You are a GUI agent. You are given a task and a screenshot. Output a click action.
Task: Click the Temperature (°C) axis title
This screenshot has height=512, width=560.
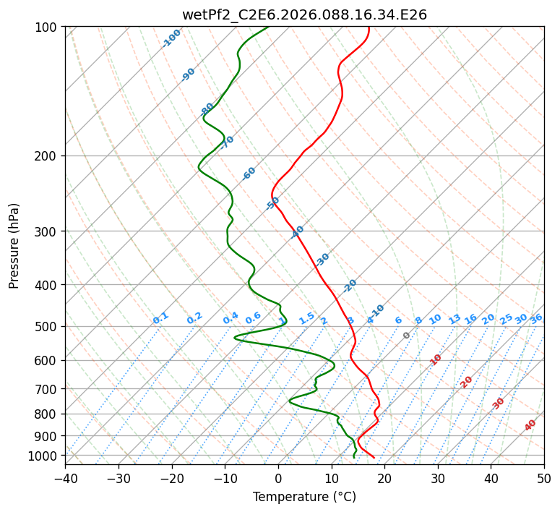point(304,497)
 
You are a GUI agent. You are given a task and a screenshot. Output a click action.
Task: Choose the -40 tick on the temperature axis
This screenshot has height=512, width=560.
point(65,478)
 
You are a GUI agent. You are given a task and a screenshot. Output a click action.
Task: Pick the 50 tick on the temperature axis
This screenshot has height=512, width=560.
point(544,478)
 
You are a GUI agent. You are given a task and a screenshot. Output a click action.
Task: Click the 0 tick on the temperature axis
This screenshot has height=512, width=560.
point(278,478)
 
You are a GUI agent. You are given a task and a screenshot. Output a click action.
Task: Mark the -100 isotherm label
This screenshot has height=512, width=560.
point(171,38)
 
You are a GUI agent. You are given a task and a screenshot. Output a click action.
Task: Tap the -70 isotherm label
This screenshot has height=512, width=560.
point(228,142)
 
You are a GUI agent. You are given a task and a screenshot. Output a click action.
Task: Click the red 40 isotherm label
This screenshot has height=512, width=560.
point(530,425)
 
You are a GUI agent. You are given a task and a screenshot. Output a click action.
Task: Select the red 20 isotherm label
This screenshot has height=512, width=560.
point(467,381)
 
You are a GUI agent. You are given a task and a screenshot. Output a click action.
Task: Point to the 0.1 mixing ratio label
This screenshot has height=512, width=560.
point(160,318)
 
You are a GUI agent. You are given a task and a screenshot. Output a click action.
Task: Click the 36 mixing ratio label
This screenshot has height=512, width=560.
point(536,318)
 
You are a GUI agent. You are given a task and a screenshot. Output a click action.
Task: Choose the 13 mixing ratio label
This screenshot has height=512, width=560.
point(455,319)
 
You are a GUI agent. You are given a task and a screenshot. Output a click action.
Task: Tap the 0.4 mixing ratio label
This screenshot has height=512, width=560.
point(231,318)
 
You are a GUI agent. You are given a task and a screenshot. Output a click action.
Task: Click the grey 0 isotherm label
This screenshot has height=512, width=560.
point(407,336)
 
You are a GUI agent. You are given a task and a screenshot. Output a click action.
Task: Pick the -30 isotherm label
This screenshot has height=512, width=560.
point(322,258)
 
